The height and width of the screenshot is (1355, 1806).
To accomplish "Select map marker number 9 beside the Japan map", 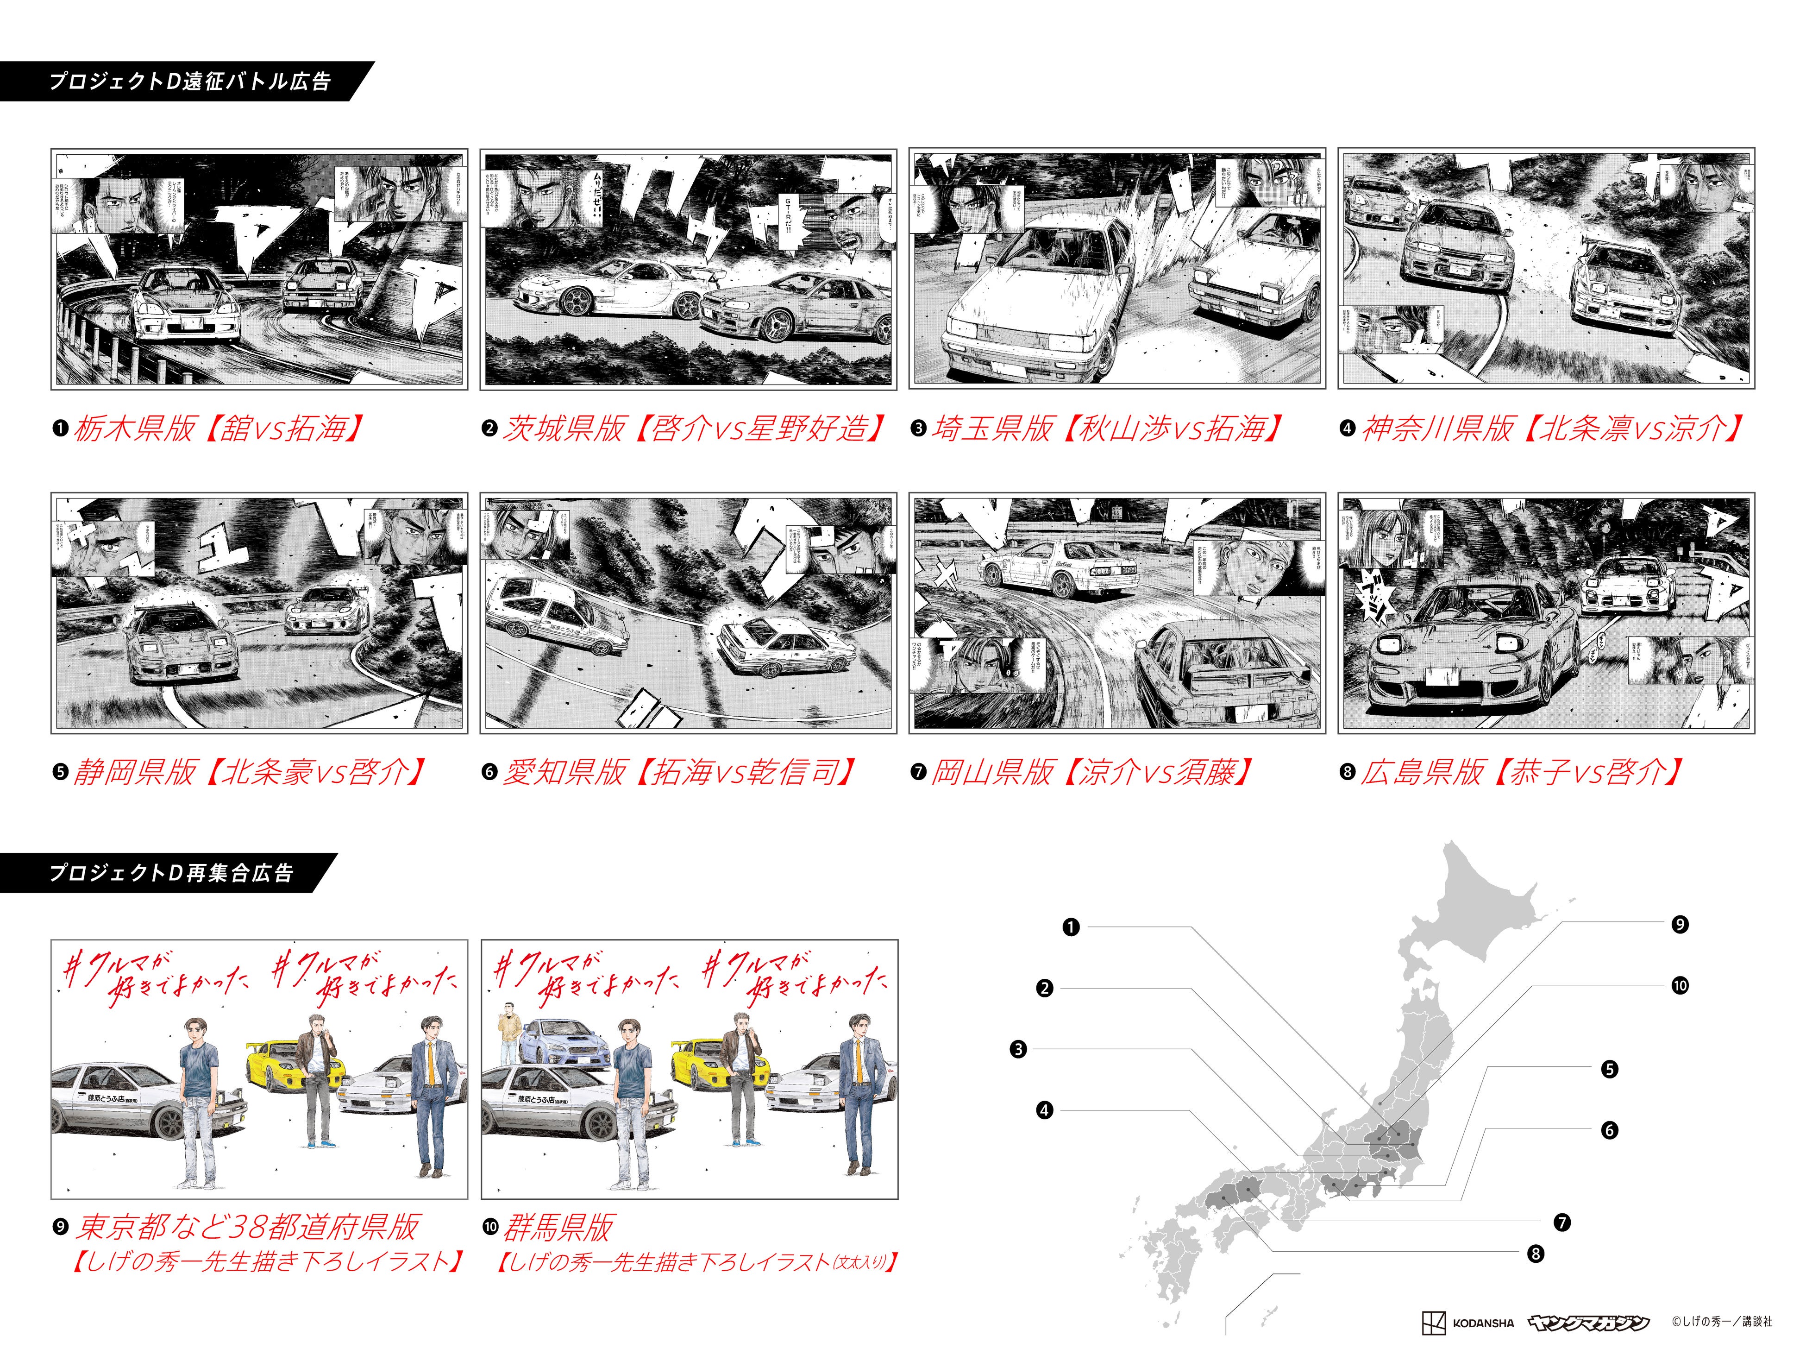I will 1680,925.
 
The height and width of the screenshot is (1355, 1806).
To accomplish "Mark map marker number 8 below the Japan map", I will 1536,1254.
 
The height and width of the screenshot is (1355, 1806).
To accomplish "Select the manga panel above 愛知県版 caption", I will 688,612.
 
